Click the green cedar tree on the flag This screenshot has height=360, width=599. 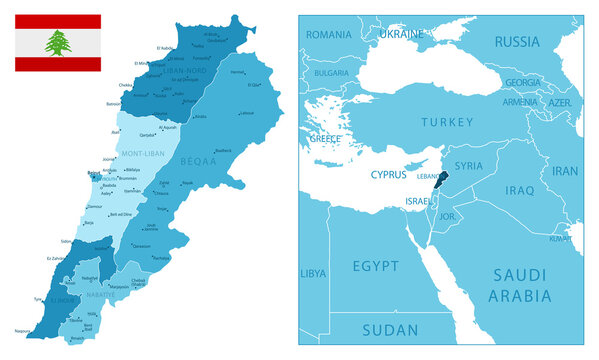coord(57,42)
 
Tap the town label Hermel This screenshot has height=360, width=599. coord(237,72)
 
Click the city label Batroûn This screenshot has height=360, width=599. coord(114,103)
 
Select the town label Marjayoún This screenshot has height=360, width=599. coord(119,286)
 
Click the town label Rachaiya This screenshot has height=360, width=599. coord(160,258)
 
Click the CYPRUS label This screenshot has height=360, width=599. coord(388,174)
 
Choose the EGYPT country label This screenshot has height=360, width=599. coord(376,266)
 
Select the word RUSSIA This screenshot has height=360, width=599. coord(517,42)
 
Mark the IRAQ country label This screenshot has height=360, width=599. coord(519,189)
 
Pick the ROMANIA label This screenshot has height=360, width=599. coord(329,34)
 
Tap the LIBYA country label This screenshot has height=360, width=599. coord(313,272)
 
